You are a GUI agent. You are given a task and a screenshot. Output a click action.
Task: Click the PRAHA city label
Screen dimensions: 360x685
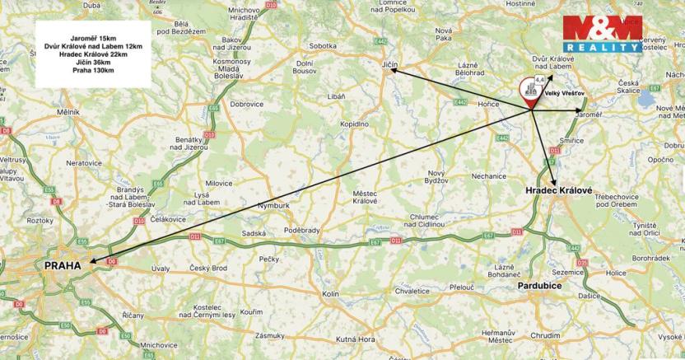[63, 266]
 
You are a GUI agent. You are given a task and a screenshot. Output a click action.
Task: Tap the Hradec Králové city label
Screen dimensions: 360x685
[559, 190]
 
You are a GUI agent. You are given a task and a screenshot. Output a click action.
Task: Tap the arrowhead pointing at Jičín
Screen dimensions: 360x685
[393, 72]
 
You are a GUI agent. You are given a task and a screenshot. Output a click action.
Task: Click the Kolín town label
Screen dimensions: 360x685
[331, 294]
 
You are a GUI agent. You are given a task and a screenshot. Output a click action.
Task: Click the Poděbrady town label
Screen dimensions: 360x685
[301, 230]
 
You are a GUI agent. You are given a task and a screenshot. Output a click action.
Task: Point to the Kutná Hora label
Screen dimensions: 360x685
[356, 339]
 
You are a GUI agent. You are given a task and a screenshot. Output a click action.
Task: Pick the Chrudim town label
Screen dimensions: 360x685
[546, 336]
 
